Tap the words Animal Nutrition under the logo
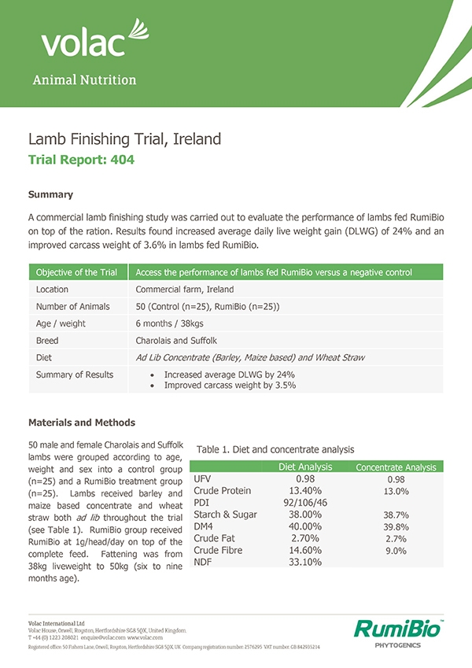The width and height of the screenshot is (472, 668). [84, 80]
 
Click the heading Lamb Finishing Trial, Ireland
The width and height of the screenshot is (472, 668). [124, 139]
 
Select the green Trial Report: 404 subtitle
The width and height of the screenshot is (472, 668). [81, 160]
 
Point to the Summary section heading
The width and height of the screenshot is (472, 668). [50, 194]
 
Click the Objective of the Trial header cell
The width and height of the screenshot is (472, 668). [76, 272]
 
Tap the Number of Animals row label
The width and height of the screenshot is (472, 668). [73, 306]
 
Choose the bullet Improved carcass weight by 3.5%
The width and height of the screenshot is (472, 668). [229, 386]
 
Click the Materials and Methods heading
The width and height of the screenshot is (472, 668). [82, 423]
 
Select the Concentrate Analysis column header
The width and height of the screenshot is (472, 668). [396, 467]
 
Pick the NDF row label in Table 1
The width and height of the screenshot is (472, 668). [203, 563]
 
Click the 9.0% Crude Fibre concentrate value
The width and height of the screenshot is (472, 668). [396, 551]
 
